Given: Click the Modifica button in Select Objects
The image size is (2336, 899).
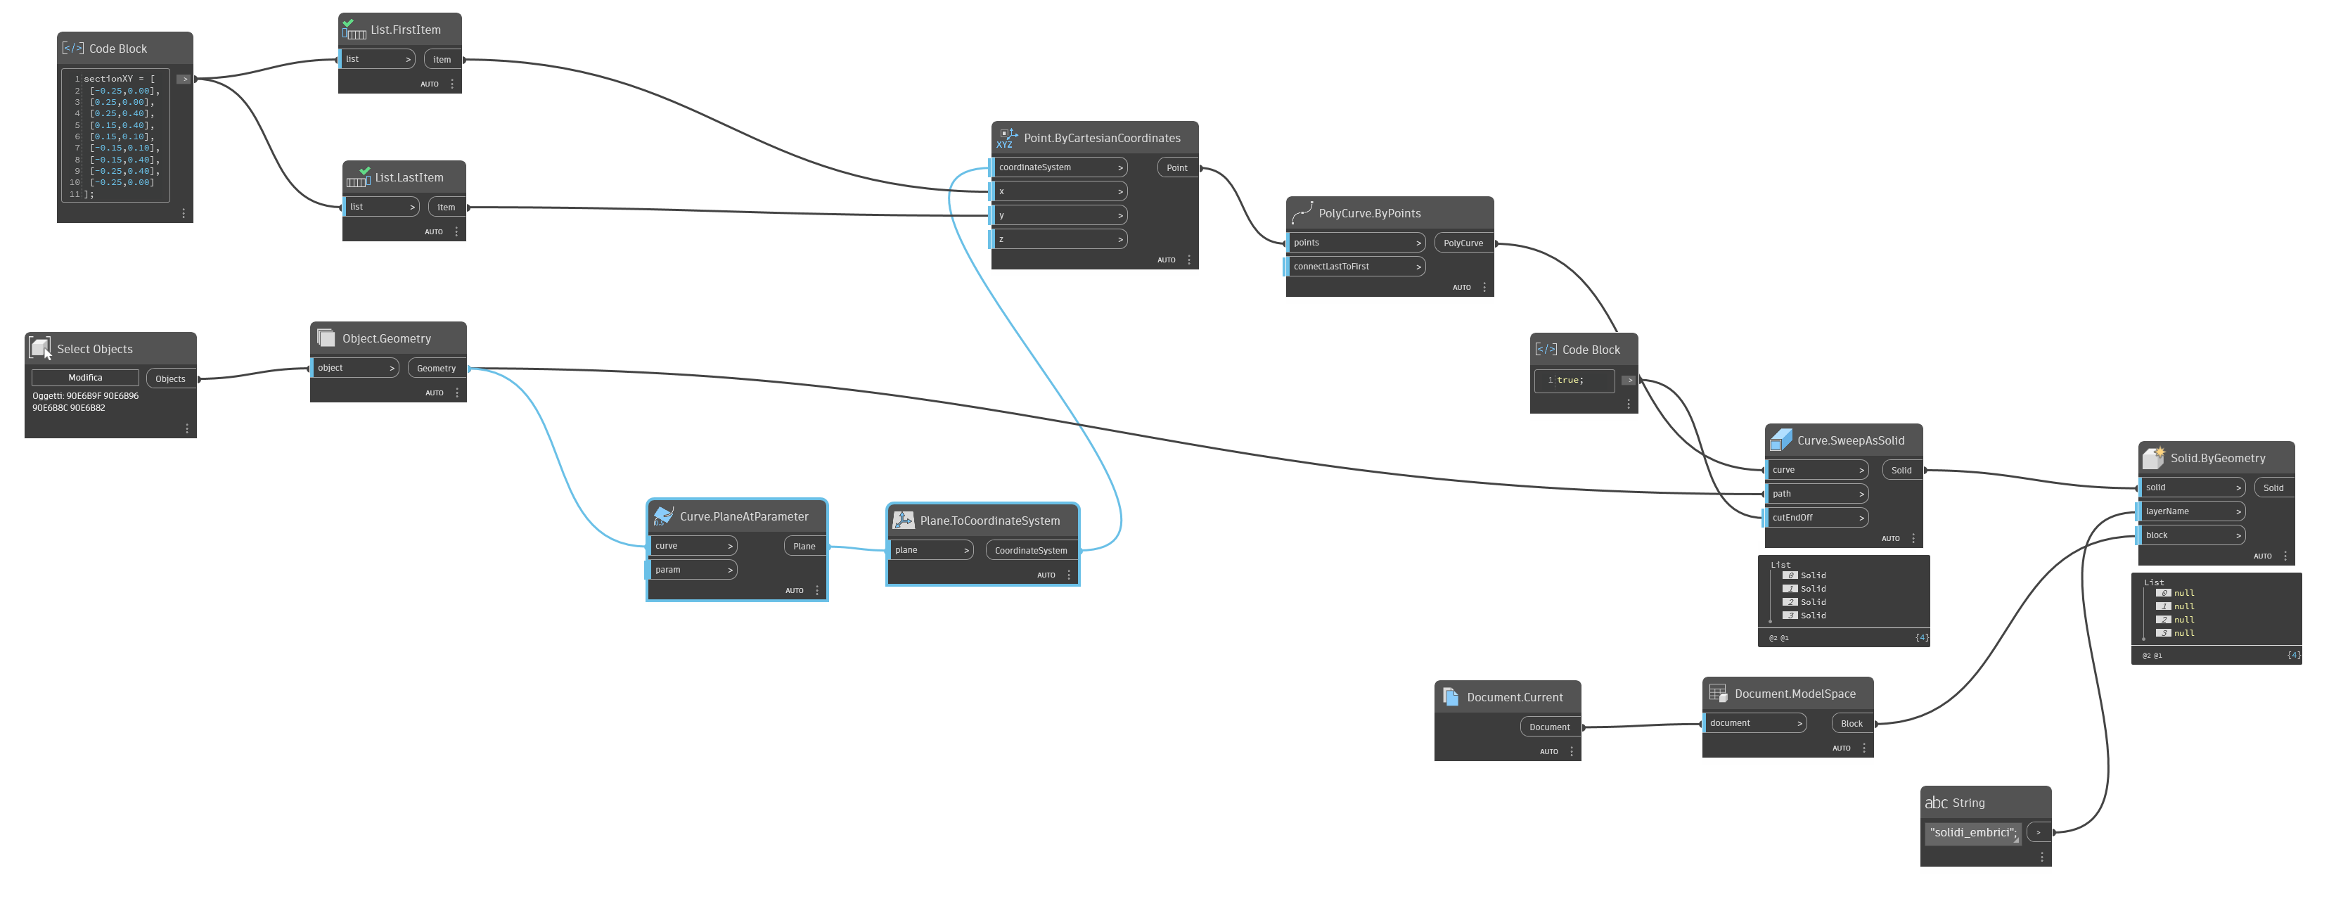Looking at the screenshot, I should (85, 377).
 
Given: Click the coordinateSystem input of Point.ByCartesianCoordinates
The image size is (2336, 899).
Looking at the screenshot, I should (1059, 168).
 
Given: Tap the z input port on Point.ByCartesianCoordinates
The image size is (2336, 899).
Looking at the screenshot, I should (1059, 239).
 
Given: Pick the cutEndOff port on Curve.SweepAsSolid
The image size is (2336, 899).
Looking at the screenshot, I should (1816, 518).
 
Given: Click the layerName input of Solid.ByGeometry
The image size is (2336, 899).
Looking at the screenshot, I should (2192, 511).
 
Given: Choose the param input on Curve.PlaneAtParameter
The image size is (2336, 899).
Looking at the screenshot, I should (693, 570).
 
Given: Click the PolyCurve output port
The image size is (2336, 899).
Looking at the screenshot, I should (1463, 243).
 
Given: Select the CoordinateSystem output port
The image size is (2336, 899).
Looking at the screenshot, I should (1030, 551).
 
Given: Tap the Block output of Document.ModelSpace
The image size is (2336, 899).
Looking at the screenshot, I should (1851, 724).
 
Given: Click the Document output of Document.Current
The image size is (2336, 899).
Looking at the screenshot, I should (1549, 727).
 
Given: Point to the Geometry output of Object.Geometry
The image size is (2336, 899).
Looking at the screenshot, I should (436, 369).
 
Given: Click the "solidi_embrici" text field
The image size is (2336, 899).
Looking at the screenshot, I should (1972, 833).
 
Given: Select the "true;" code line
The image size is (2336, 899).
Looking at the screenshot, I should (1573, 380).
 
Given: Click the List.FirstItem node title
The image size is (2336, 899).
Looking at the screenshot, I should (405, 30).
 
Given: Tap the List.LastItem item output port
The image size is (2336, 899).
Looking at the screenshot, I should (446, 208).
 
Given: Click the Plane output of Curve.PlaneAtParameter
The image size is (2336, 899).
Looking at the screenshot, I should (804, 546).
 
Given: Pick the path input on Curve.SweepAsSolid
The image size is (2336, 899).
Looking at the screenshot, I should (1816, 495).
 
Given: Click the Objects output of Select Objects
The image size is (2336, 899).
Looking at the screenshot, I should (170, 379).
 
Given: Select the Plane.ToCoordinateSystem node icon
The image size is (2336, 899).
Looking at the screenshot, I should (903, 521).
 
